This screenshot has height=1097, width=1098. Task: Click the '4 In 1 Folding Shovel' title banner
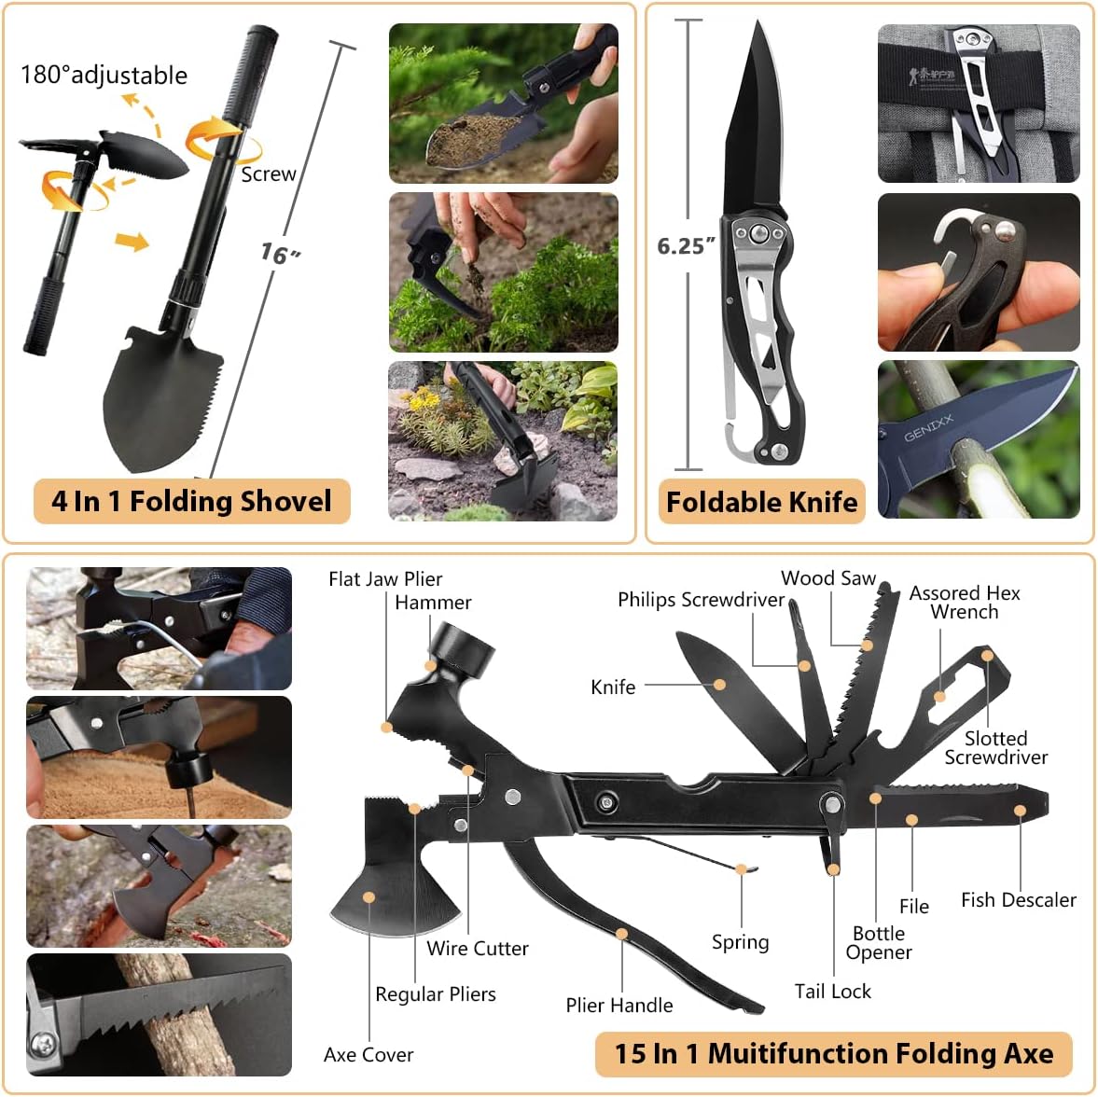coord(191,501)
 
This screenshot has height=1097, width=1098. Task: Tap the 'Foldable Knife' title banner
coord(761,502)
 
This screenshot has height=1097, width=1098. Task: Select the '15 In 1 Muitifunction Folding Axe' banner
coord(833,1053)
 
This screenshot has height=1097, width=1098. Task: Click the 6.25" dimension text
coord(687,245)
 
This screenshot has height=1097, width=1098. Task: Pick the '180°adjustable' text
coord(104,75)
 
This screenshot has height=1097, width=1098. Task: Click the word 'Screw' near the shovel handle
coord(268,174)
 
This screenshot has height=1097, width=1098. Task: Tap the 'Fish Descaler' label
coord(1018,899)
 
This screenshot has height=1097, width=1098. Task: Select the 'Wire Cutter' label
coord(478,948)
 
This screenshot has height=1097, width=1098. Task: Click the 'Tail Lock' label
coord(832,991)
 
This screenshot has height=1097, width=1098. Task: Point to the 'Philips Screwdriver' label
coord(701,599)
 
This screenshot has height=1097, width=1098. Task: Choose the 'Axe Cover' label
coord(368,1054)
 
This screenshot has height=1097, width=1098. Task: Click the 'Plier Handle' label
coord(618,1005)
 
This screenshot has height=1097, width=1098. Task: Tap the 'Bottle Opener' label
coord(879,942)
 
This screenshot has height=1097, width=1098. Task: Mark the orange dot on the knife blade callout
coord(719,685)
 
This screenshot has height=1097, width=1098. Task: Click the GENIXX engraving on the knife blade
coord(928,428)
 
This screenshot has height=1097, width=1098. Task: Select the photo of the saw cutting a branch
coord(159,1014)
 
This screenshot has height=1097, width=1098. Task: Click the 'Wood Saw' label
coord(828,577)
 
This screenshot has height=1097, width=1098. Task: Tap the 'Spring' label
coord(740,941)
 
